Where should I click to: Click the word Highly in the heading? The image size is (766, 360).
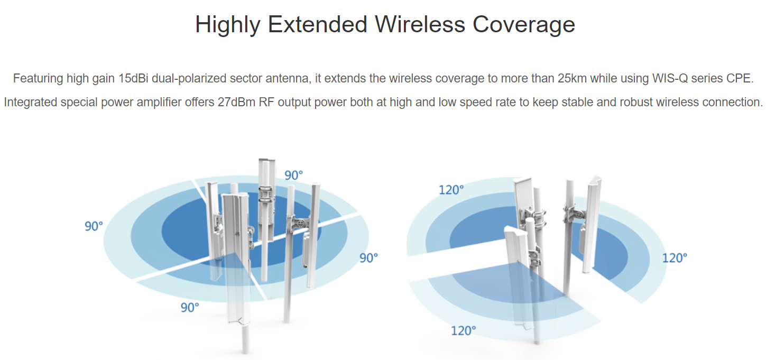228,25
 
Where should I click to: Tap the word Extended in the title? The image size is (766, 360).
318,24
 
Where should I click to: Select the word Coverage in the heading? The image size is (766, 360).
524,25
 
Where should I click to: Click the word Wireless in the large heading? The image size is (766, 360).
420,24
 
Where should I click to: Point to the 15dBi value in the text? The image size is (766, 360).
133,78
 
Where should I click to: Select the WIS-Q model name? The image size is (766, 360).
670,79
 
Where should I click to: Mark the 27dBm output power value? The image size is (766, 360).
236,102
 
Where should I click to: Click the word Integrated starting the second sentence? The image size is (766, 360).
30,103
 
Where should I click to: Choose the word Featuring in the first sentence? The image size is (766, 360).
38,79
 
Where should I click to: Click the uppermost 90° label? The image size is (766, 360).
294,176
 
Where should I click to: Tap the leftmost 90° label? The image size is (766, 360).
94,226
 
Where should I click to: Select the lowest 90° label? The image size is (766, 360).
190,308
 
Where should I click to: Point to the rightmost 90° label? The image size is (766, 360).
368,258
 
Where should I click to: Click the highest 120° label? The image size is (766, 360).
451,190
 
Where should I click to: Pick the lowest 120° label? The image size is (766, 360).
464,330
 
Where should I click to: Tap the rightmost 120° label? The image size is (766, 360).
675,258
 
